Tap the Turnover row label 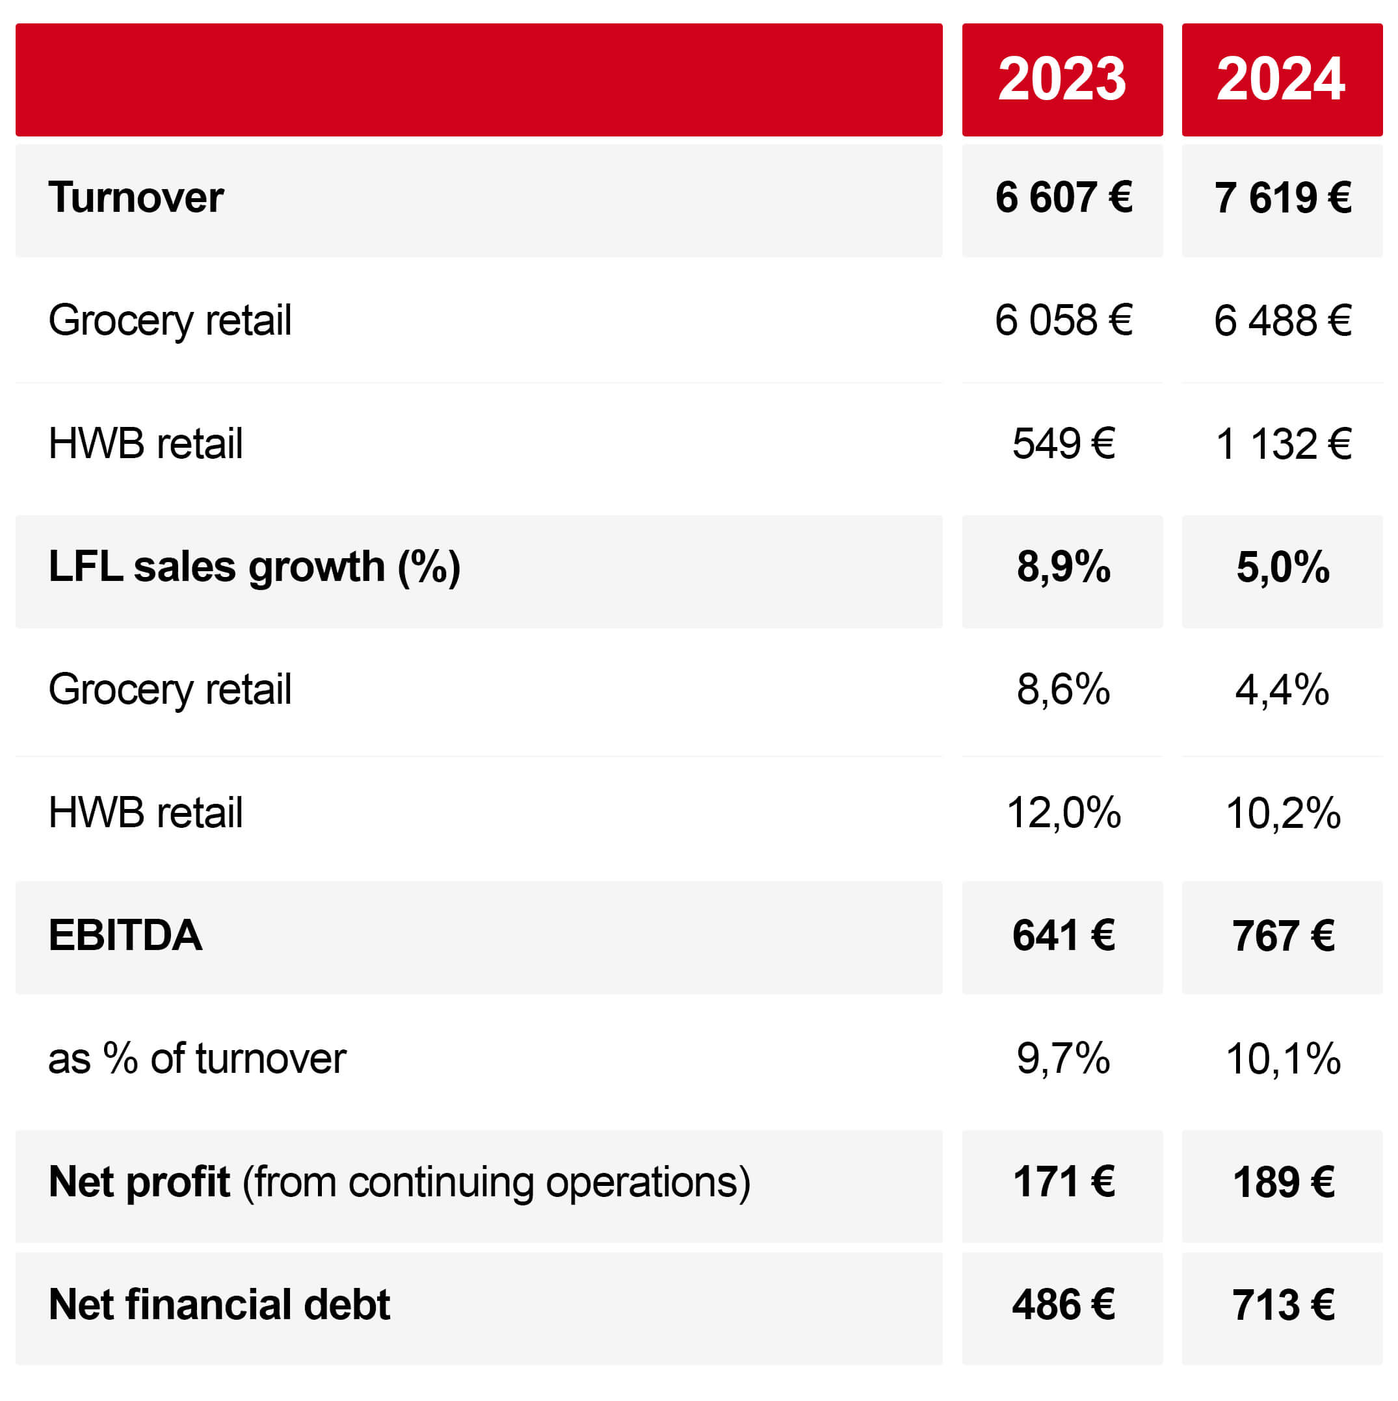point(136,198)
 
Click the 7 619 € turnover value point(1282,198)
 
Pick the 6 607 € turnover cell point(1063,198)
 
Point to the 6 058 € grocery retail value point(1063,320)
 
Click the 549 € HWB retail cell point(1063,444)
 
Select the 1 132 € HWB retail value point(1282,444)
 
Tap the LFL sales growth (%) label point(254,567)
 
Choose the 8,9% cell point(1063,567)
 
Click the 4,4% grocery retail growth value point(1282,689)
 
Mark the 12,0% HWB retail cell point(1063,812)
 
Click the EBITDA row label point(125,934)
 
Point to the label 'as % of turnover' point(196,1058)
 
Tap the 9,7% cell point(1063,1058)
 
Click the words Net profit point(138,1181)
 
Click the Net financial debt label point(219,1305)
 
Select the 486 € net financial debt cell point(1063,1305)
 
